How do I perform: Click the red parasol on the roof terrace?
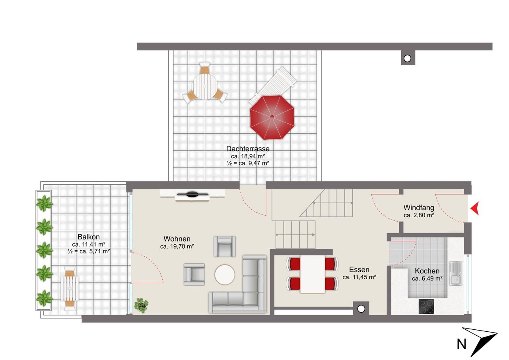tap(272, 117)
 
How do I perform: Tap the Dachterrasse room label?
tap(248, 149)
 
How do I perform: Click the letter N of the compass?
tap(462, 344)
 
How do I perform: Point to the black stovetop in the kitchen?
tap(426, 306)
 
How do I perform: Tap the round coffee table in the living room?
tap(225, 274)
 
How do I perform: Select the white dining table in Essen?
tap(313, 274)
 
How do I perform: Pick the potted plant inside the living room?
tap(141, 305)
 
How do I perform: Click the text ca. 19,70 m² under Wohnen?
tap(177, 246)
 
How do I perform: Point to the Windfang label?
tap(419, 208)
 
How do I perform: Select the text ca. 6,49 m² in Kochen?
tap(427, 278)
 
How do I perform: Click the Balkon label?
tap(89, 237)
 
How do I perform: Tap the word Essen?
tap(359, 270)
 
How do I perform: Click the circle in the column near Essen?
tap(361, 309)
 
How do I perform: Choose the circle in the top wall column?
tap(408, 58)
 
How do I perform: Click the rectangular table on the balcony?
tap(70, 288)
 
